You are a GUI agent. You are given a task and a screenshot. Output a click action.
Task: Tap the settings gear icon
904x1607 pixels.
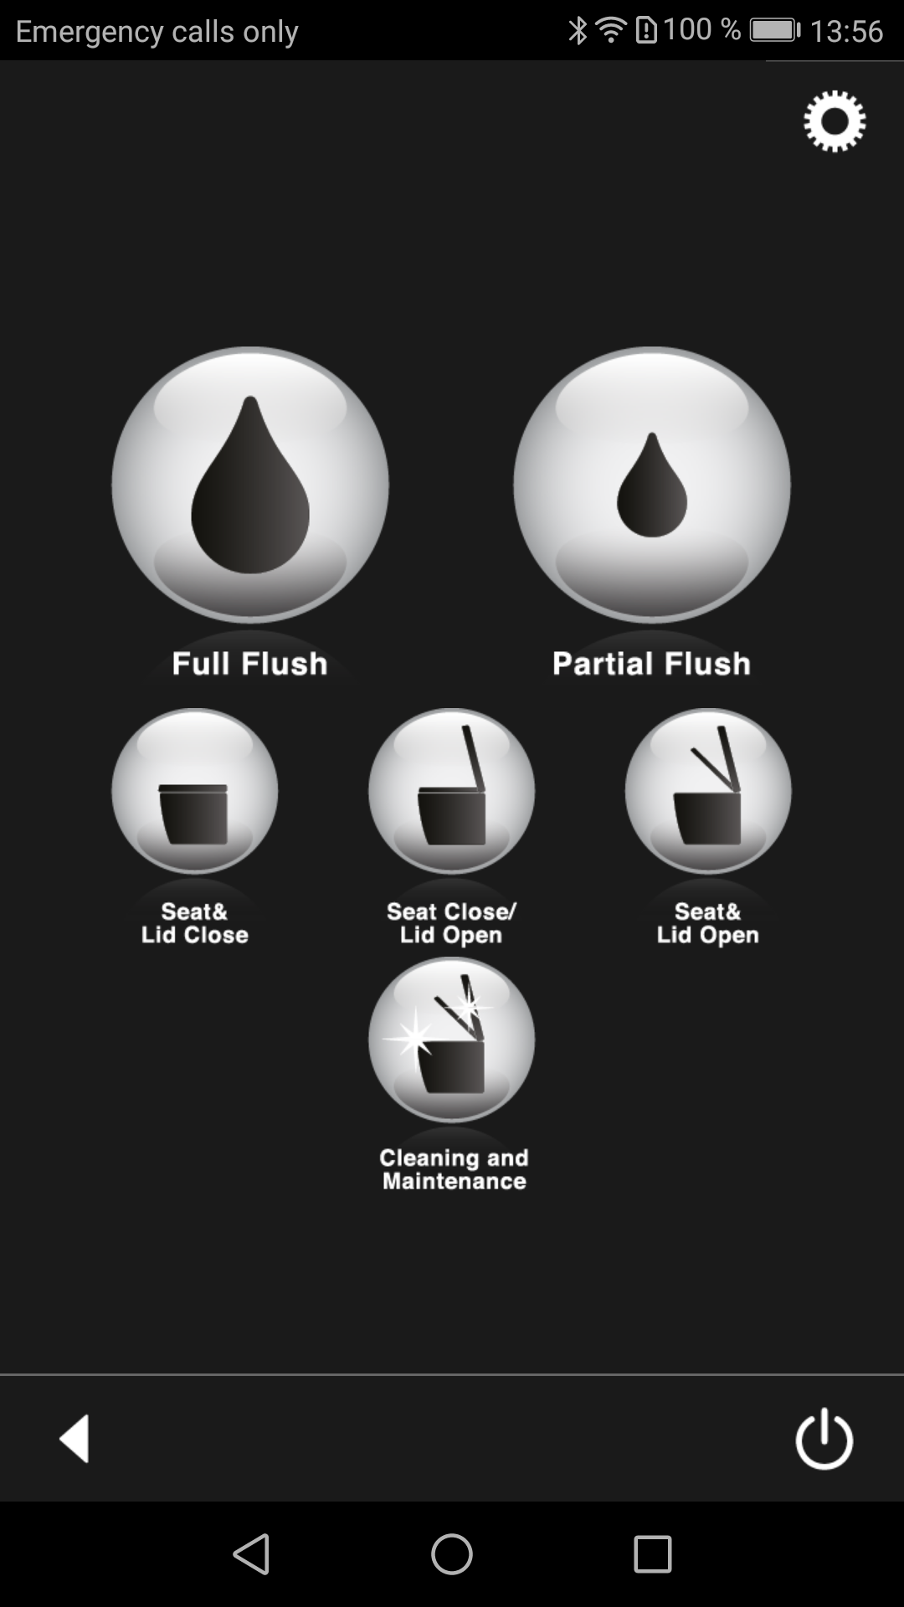pos(835,121)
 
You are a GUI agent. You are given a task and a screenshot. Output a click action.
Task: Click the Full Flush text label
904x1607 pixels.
pos(249,664)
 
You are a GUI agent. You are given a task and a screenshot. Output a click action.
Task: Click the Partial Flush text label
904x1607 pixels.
pos(651,664)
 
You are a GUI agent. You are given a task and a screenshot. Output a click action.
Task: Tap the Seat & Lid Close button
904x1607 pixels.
pos(195,791)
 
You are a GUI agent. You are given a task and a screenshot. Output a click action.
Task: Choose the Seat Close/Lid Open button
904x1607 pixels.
pos(452,791)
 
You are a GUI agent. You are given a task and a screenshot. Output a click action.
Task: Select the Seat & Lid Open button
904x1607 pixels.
pos(708,791)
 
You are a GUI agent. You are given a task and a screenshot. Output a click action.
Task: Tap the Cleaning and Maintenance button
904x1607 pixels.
pos(452,1040)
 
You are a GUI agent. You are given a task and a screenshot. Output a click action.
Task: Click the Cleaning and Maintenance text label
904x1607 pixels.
pos(454,1169)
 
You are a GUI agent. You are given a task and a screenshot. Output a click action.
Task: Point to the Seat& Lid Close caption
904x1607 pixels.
pos(195,923)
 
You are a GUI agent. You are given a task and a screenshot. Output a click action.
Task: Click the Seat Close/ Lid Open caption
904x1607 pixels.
pos(451,923)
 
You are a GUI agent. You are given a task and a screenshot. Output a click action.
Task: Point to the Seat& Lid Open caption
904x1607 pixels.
pos(708,923)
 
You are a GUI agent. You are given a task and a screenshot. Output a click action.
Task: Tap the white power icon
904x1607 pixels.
pos(824,1438)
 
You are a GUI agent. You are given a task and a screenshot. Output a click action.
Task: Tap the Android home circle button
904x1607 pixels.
pos(452,1554)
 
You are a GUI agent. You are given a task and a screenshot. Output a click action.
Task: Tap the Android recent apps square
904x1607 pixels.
pos(653,1554)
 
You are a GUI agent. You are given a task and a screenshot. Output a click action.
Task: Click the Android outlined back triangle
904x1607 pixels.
pos(251,1554)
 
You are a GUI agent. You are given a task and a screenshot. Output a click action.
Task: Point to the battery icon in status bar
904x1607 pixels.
pos(775,31)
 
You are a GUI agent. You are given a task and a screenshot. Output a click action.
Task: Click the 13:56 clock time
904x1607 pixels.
pos(846,32)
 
